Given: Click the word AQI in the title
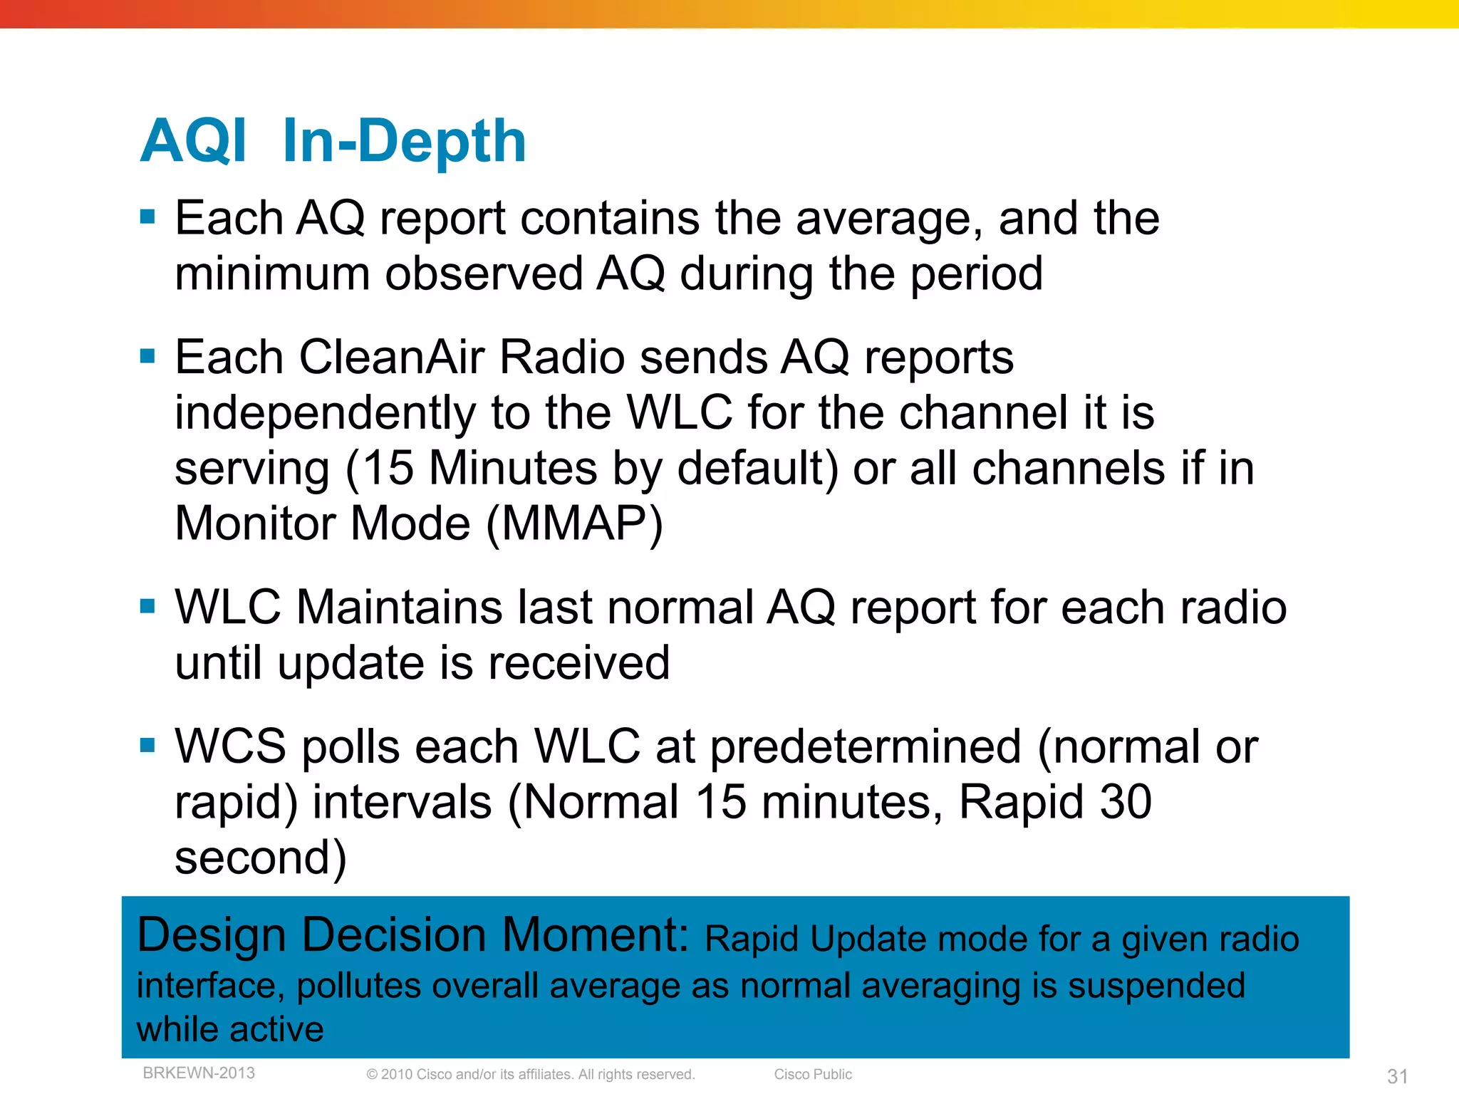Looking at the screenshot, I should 194,141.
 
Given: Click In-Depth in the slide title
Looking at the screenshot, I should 404,141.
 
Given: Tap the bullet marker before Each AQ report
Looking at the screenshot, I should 147,217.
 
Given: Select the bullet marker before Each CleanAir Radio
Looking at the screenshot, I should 147,355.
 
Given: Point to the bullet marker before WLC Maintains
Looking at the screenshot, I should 147,606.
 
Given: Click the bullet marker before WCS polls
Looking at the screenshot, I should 147,746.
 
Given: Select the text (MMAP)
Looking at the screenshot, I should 574,524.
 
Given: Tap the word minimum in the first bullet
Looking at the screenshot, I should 272,273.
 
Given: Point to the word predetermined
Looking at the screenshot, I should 866,747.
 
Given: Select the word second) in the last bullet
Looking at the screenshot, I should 261,858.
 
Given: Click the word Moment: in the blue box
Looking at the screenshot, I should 596,934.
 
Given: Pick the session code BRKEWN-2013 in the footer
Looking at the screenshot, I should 199,1073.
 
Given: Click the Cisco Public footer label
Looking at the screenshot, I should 813,1074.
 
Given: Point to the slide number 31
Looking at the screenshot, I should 1397,1076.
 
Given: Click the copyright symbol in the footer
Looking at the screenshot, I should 372,1075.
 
